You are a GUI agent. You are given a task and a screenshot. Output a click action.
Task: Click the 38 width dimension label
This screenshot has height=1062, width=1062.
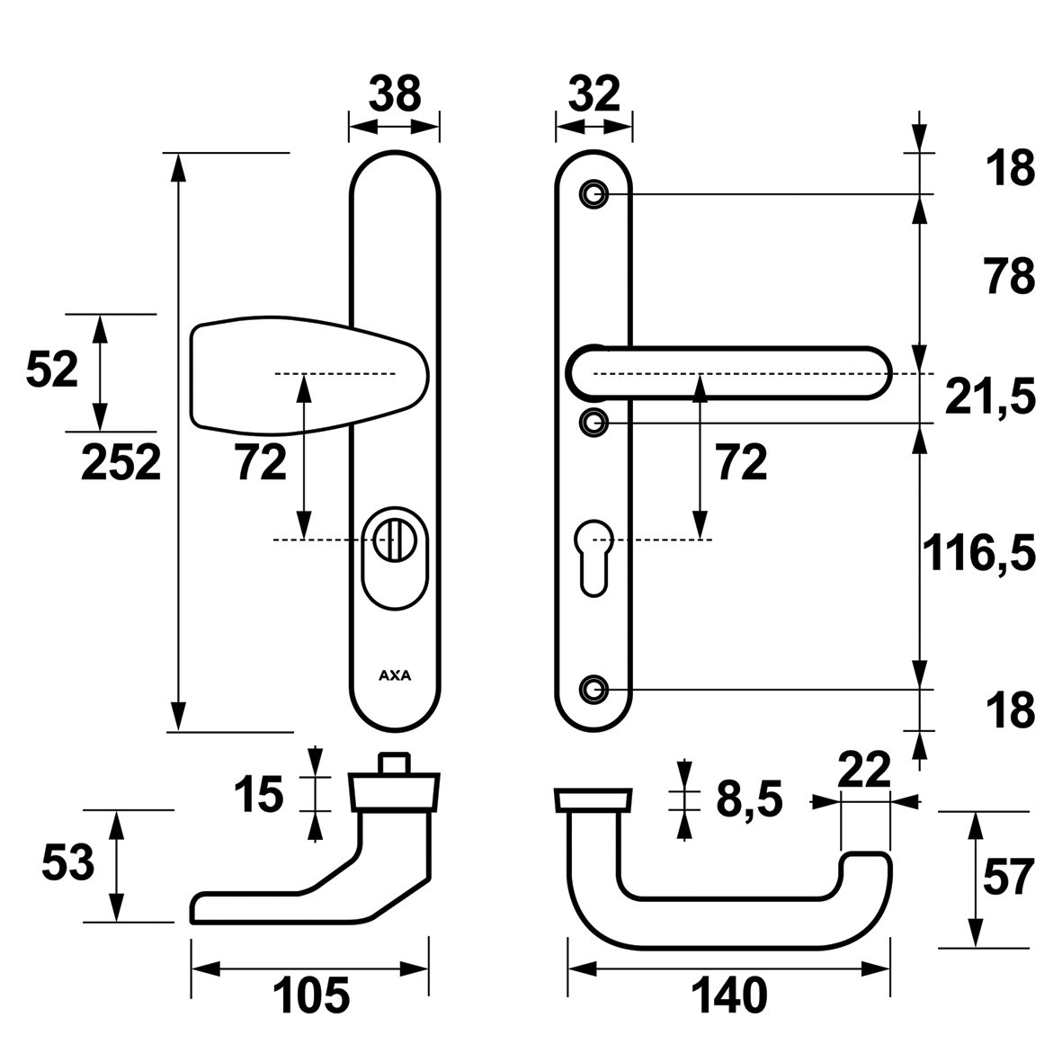(395, 95)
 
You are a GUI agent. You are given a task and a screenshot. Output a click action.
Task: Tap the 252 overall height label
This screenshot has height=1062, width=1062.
(121, 462)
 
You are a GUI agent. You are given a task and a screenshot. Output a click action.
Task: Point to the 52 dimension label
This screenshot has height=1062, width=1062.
(52, 370)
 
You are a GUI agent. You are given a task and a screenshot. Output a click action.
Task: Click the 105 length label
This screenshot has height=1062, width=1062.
(310, 995)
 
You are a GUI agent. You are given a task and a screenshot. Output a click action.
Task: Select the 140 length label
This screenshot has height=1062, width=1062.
(728, 995)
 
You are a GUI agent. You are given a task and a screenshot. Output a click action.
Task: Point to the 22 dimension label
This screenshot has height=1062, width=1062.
(863, 771)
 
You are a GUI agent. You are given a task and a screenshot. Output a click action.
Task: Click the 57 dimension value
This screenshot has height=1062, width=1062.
(1009, 878)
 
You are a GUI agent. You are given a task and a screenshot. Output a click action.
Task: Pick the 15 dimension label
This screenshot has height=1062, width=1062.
(258, 795)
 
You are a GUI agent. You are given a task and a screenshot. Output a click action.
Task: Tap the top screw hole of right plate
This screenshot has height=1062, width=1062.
(592, 194)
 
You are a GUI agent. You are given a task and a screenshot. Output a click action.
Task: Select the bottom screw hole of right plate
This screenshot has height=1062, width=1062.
(592, 689)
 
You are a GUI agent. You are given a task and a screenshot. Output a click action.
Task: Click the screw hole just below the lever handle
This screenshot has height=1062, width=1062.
(592, 421)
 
